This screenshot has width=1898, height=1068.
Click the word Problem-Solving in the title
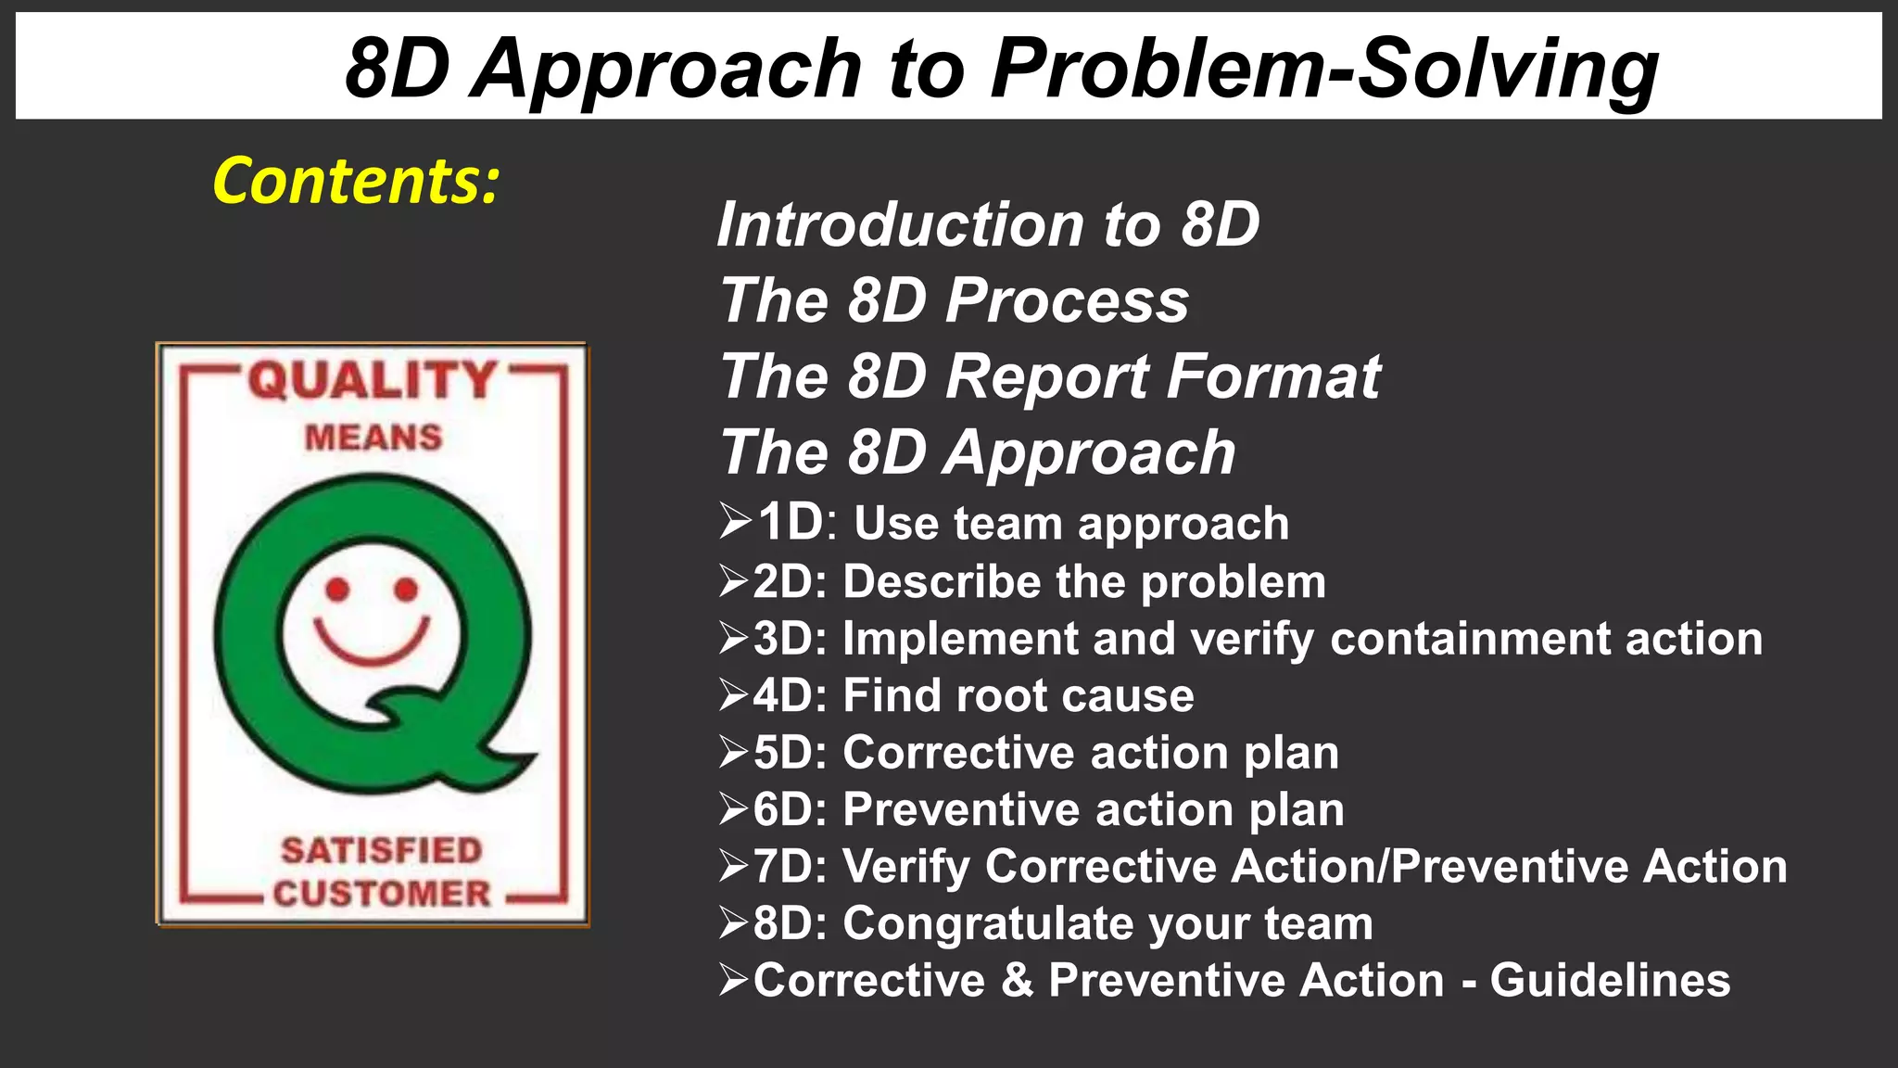coord(1324,69)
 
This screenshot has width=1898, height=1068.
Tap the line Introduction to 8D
coord(988,224)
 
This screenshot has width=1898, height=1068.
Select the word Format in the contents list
coord(1273,376)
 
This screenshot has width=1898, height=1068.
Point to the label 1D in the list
coord(791,522)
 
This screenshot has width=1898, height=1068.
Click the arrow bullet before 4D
coord(734,695)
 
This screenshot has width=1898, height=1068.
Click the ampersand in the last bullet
coord(1017,980)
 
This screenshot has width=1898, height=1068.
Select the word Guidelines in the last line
coord(1610,980)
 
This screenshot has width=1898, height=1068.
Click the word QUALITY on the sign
coord(373,380)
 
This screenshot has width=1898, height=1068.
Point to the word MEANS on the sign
coord(373,437)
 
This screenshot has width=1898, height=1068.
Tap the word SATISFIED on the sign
coord(382,849)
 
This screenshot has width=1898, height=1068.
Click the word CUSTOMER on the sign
coord(382,893)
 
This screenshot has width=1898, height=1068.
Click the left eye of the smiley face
coord(338,589)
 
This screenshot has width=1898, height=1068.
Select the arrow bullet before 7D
coord(734,866)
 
